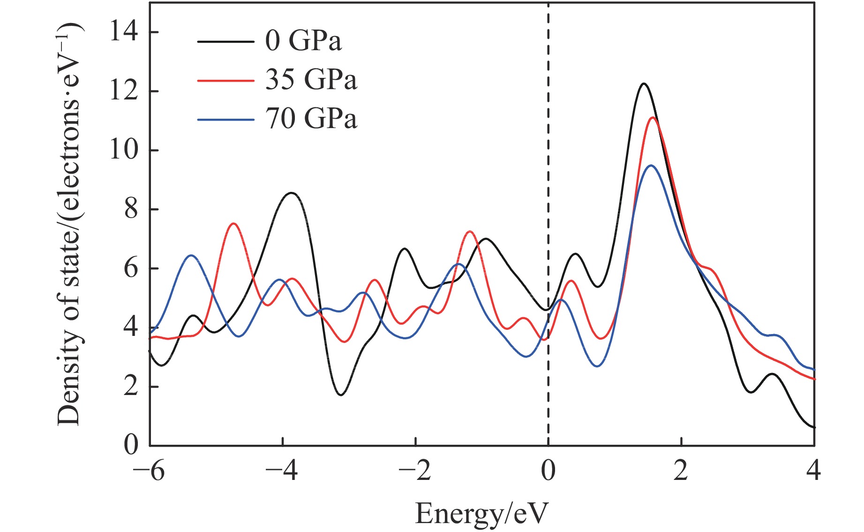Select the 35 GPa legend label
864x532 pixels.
pyautogui.click(x=311, y=80)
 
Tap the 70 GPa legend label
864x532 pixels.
pyautogui.click(x=311, y=119)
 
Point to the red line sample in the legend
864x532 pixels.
pyautogui.click(x=225, y=80)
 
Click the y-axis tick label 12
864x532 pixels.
pyautogui.click(x=124, y=91)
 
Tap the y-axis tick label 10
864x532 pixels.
pyautogui.click(x=124, y=150)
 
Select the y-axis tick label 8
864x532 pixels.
pyautogui.click(x=131, y=209)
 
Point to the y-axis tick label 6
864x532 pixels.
pyautogui.click(x=131, y=268)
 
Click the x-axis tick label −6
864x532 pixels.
pyautogui.click(x=149, y=471)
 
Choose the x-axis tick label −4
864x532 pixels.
pyautogui.click(x=282, y=471)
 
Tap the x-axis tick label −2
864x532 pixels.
pyautogui.click(x=415, y=471)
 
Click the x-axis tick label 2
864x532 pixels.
pyautogui.click(x=681, y=471)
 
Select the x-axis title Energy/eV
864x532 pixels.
pyautogui.click(x=481, y=513)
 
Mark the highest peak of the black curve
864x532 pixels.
pyautogui.click(x=644, y=84)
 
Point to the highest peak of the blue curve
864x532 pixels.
pyautogui.click(x=651, y=166)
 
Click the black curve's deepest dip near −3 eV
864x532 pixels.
pyautogui.click(x=341, y=395)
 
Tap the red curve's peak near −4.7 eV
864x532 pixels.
pyautogui.click(x=233, y=224)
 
